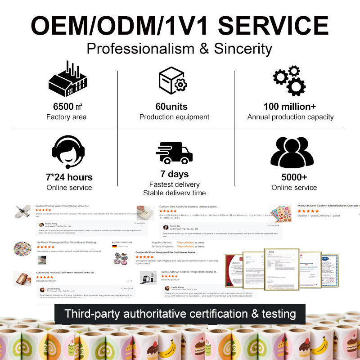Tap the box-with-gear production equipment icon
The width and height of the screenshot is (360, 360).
(173, 80)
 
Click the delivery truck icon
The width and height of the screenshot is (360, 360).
(174, 152)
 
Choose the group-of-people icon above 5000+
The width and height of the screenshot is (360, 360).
(292, 152)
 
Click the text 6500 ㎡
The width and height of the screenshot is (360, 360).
(67, 107)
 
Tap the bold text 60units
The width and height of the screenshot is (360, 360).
(174, 107)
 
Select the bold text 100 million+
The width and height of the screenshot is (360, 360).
(290, 107)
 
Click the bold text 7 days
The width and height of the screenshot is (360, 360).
(174, 174)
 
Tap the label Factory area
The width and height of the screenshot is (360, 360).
(67, 117)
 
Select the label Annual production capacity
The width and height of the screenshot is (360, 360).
(290, 117)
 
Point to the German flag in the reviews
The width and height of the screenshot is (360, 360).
(115, 247)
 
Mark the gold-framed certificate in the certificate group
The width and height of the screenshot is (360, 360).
(282, 269)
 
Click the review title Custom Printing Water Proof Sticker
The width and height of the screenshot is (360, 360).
(63, 206)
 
